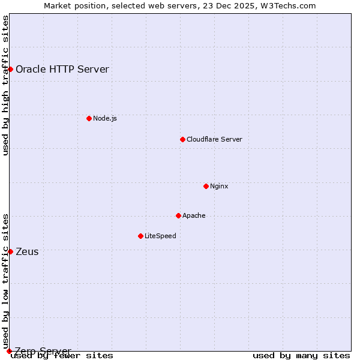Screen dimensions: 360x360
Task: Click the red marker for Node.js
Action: pyautogui.click(x=89, y=118)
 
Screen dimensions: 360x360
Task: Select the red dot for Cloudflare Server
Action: pyautogui.click(x=182, y=139)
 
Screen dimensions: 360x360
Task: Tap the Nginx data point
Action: pyautogui.click(x=206, y=186)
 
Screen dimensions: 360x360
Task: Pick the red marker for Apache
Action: pyautogui.click(x=178, y=215)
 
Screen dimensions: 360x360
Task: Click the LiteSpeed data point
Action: pyautogui.click(x=140, y=236)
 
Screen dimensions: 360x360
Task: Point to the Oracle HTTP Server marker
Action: pyautogui.click(x=10, y=69)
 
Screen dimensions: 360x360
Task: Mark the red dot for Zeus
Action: pyautogui.click(x=10, y=251)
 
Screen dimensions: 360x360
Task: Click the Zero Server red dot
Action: pyautogui.click(x=9, y=351)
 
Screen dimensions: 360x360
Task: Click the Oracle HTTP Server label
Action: pyautogui.click(x=62, y=69)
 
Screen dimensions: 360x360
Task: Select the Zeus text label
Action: pyautogui.click(x=27, y=251)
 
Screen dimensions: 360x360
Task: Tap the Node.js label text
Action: pyautogui.click(x=105, y=118)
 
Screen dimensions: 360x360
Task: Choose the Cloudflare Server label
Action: pyautogui.click(x=214, y=139)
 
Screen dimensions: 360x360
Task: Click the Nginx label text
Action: pyautogui.click(x=219, y=186)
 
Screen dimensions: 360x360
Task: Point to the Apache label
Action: pyautogui.click(x=194, y=215)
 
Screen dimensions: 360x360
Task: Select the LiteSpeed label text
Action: pyautogui.click(x=160, y=236)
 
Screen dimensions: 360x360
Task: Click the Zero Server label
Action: pyautogui.click(x=43, y=351)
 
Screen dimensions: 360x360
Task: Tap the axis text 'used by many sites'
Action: pyautogui.click(x=301, y=356)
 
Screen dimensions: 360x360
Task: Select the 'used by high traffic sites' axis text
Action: pyautogui.click(x=6, y=85)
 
